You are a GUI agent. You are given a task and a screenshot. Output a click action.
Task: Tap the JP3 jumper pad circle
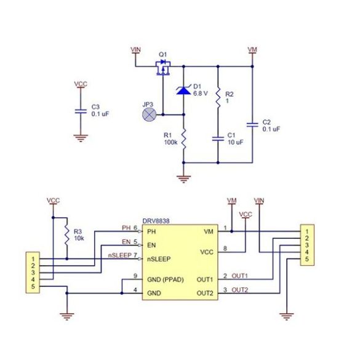tap(148, 114)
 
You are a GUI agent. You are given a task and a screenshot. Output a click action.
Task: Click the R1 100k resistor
tap(183, 137)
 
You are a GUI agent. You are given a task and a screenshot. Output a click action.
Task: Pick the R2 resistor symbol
tap(218, 98)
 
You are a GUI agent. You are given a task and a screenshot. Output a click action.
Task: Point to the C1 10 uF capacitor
tap(218, 138)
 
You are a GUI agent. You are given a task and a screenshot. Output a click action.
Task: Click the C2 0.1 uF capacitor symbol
tap(252, 125)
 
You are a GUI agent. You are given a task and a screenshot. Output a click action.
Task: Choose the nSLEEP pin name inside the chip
tap(159, 258)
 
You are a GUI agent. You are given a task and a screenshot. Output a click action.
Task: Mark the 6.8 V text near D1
tap(201, 94)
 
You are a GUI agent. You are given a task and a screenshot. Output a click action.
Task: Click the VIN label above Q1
tap(137, 47)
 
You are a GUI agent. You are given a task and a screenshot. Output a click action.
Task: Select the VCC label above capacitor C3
tap(81, 83)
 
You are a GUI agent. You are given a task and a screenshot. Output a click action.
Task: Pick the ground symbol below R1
tap(183, 179)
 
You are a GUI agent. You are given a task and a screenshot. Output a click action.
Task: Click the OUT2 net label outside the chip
tap(240, 290)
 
